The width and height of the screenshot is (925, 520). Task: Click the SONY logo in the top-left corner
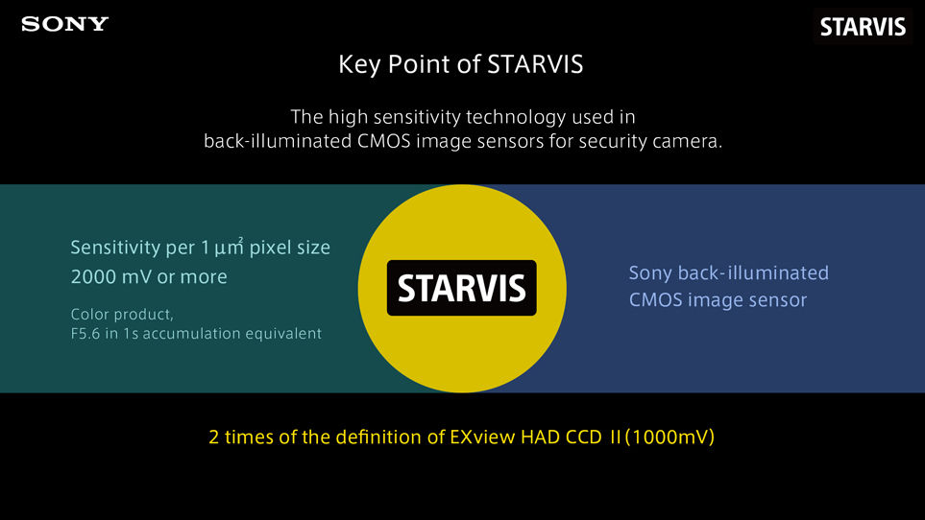click(65, 24)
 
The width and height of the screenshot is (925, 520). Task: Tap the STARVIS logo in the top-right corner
click(863, 27)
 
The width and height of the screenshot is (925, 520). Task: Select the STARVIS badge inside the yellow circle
click(462, 288)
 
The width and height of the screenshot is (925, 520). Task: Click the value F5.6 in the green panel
click(89, 334)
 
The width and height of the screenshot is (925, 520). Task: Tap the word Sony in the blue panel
click(650, 273)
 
